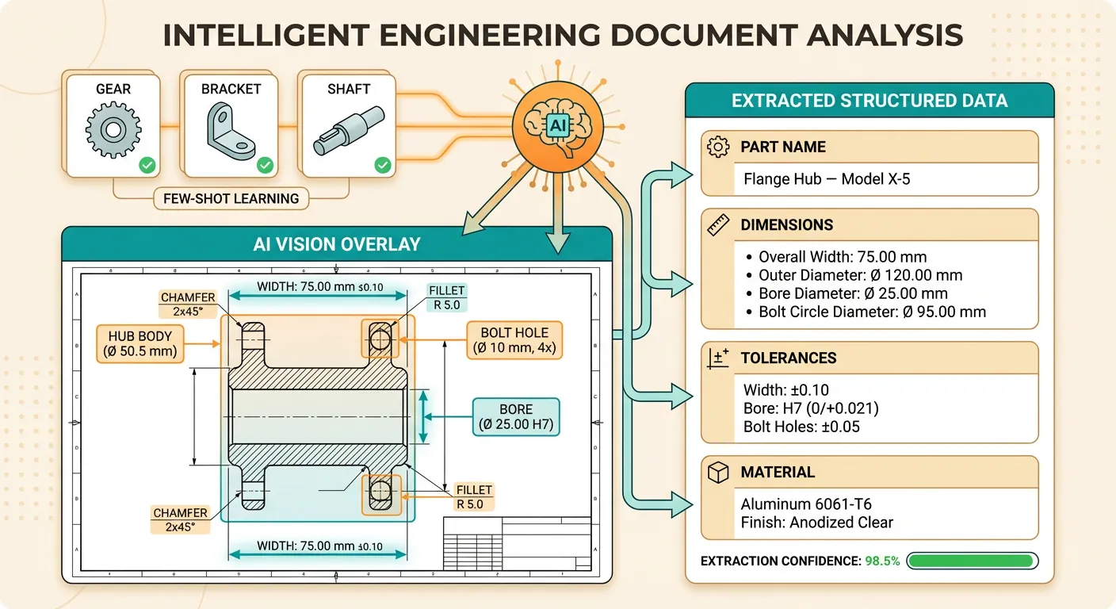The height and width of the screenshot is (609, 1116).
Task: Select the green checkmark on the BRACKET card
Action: click(x=265, y=165)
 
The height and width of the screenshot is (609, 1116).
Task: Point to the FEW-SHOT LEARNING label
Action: click(x=231, y=198)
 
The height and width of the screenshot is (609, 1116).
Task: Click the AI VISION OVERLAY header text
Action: click(x=337, y=244)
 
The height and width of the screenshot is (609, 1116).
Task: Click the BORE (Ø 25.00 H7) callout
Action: click(x=516, y=417)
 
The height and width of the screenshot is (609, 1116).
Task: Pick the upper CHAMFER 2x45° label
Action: click(x=188, y=304)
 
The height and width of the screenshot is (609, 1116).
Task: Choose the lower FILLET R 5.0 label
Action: click(x=474, y=497)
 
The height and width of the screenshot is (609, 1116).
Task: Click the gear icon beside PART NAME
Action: click(x=718, y=147)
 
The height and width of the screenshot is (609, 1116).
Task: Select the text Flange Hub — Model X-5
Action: click(x=827, y=179)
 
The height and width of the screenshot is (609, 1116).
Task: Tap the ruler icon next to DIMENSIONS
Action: click(x=718, y=225)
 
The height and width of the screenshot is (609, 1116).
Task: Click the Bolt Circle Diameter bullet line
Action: click(x=872, y=312)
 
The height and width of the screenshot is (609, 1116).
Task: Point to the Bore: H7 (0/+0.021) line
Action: click(x=811, y=408)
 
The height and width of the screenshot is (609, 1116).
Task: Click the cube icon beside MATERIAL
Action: click(x=718, y=473)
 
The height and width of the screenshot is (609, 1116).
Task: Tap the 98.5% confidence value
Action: click(x=882, y=561)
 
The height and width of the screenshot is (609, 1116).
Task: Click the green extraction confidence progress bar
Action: click(x=972, y=561)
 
